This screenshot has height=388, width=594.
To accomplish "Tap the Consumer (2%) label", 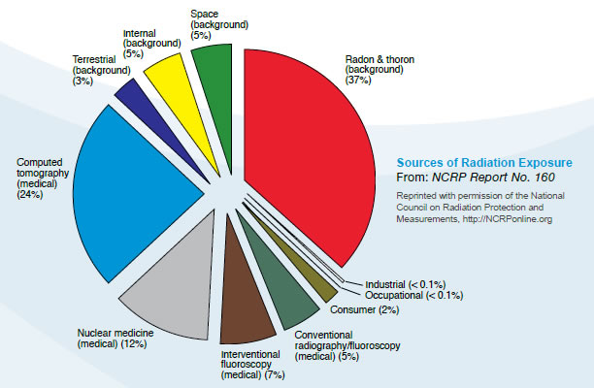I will click(364, 309).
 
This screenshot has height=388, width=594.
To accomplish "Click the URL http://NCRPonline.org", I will click(509, 219).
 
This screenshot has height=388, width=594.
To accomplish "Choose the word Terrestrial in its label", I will click(94, 58).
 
